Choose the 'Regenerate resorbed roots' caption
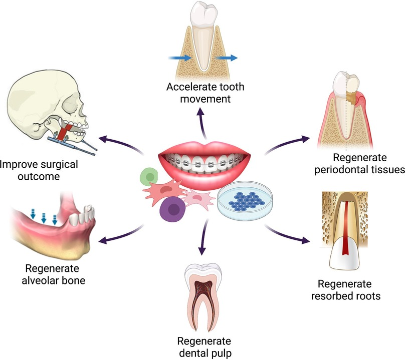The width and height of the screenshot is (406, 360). coord(349,290)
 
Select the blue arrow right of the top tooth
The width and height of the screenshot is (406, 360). coord(230,58)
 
